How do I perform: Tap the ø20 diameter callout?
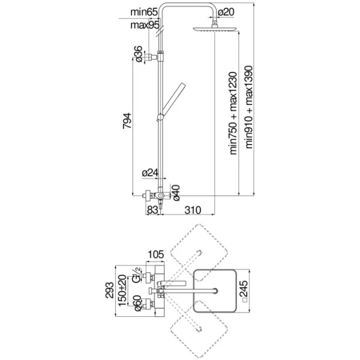226,12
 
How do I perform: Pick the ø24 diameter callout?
149,173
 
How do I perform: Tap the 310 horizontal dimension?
192,210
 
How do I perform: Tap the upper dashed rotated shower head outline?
198,246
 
